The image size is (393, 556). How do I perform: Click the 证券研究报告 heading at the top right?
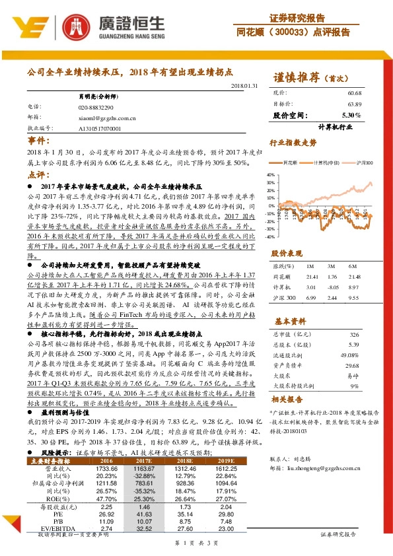tap(297, 17)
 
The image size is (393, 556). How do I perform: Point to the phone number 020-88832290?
tap(96, 107)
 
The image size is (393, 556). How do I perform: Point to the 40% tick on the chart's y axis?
tap(270, 175)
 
